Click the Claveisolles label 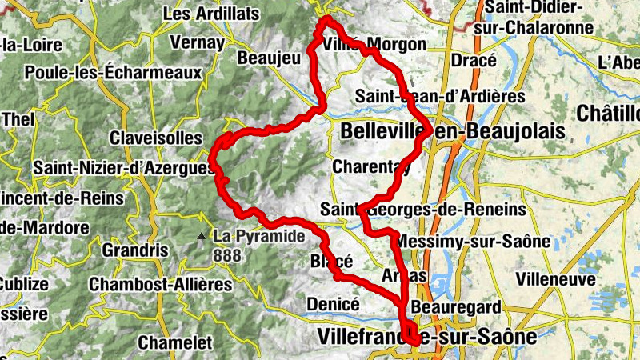pyautogui.click(x=156, y=138)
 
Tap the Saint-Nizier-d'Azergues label pyautogui.click(x=124, y=169)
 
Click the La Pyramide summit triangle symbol pyautogui.click(x=201, y=236)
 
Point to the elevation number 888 pyautogui.click(x=227, y=256)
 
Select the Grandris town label pyautogui.click(x=135, y=250)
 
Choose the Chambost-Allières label pyautogui.click(x=160, y=284)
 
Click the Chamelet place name pyautogui.click(x=175, y=342)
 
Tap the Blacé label pyautogui.click(x=331, y=262)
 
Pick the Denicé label pyautogui.click(x=333, y=304)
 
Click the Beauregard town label pyautogui.click(x=456, y=307)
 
